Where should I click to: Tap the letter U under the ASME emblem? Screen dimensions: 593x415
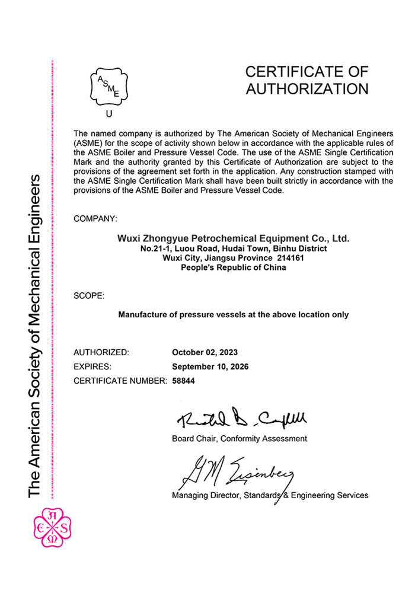point(108,114)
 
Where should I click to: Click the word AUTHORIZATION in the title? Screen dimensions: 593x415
point(307,90)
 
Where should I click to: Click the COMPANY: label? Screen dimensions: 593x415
point(95,219)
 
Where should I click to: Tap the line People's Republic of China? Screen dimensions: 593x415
point(234,267)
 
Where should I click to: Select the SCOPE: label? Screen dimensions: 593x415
point(89,295)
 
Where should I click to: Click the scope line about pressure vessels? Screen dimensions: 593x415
point(234,315)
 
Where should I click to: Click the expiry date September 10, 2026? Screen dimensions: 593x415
point(210,366)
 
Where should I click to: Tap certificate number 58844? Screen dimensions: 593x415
point(183,381)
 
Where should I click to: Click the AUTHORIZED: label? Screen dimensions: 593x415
point(101,352)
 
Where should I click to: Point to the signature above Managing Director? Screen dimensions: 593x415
point(237,471)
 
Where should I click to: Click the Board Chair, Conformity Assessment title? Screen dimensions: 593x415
point(239,439)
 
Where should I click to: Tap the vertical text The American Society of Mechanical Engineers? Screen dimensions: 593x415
point(34,335)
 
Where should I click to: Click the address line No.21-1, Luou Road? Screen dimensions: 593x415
point(234,248)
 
